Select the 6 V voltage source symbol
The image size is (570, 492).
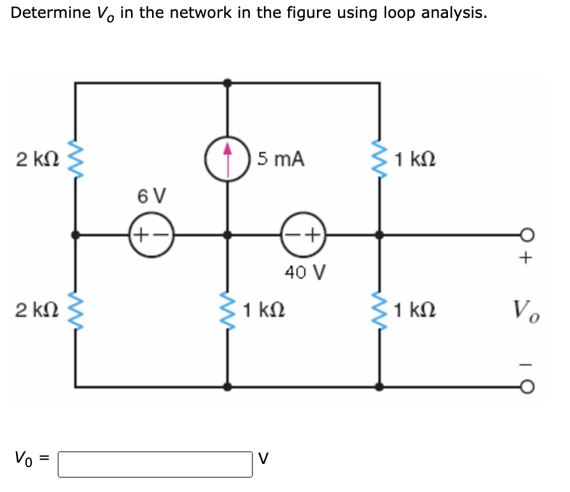pos(151,234)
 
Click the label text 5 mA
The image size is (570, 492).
pos(281,159)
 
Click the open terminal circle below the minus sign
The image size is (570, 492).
pos(526,387)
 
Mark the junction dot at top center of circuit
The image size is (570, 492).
pos(227,83)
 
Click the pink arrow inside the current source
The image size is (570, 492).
pos(227,151)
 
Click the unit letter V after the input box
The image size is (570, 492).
pos(264,459)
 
